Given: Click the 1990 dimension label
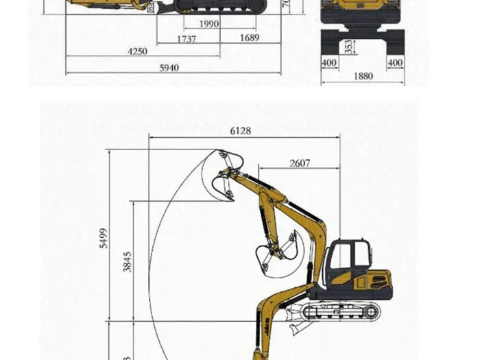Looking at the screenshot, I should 210,24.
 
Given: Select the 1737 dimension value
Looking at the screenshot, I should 187,39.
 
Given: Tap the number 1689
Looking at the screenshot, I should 250,38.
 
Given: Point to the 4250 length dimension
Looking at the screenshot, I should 139,51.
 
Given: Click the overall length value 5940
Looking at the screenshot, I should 169,67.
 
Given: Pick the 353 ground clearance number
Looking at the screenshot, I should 349,47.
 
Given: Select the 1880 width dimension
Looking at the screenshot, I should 363,76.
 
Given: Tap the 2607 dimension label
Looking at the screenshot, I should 300,163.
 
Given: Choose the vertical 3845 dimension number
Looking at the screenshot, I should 128,261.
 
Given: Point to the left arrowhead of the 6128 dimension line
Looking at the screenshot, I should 152,137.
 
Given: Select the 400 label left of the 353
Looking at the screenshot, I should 329,63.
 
